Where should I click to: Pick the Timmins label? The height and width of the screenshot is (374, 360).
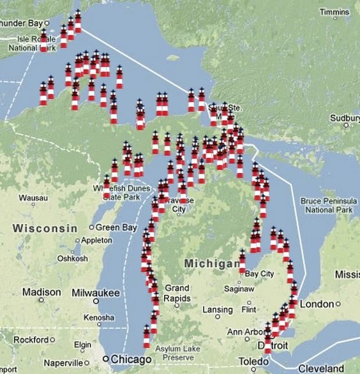tap(334, 12)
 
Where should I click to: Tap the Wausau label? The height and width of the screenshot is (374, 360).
tap(33, 198)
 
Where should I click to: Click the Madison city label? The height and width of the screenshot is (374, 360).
tap(41, 292)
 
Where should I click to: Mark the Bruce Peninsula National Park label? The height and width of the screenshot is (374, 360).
tap(327, 205)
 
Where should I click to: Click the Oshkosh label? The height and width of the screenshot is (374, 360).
tap(72, 258)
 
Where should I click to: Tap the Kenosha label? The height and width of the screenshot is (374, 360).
tap(98, 317)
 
